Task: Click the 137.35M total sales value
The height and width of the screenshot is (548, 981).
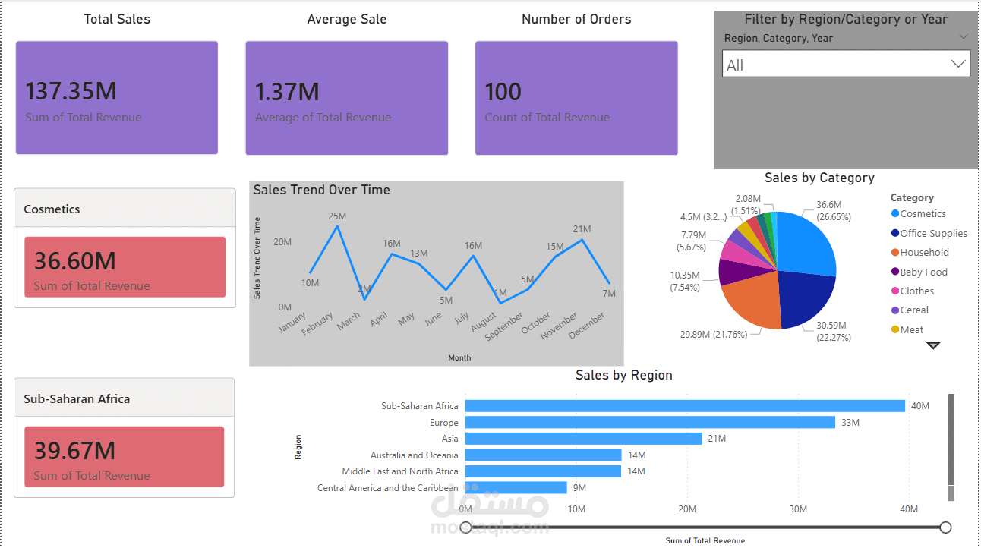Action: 71,92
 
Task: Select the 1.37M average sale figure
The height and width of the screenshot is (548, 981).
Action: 287,92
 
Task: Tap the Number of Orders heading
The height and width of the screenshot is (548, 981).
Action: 576,20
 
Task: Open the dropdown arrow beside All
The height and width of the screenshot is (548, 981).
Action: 957,65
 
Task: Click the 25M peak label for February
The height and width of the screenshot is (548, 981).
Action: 337,216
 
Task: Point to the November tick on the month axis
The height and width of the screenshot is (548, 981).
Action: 560,326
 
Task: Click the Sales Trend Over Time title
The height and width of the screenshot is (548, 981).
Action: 321,190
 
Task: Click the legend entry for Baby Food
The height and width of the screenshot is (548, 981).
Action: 923,272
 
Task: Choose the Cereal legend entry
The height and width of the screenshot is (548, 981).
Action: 914,310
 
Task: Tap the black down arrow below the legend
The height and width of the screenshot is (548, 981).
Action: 933,345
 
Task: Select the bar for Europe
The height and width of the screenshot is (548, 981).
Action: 649,422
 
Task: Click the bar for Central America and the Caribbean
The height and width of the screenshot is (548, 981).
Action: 516,488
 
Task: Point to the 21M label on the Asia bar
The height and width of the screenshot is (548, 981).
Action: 717,439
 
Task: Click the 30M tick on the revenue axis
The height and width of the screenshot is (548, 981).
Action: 798,509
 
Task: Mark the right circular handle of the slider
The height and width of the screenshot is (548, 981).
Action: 945,527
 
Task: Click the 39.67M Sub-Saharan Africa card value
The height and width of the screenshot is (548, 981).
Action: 74,451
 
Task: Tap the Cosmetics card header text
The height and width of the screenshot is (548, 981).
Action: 52,209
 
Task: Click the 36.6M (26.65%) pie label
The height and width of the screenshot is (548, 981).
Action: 833,210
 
